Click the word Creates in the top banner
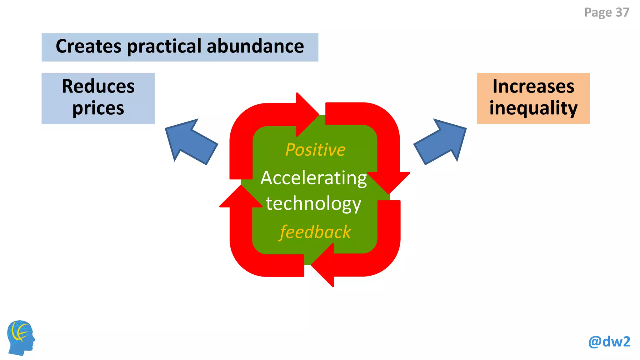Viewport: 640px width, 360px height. [x=88, y=46]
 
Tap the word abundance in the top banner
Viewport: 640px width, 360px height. [x=255, y=46]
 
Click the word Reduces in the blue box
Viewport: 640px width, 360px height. [x=98, y=86]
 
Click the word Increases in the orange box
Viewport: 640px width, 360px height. [x=533, y=86]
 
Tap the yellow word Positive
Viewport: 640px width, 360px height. [x=315, y=150]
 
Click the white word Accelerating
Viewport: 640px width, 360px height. [x=314, y=178]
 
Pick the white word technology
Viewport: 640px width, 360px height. [x=314, y=204]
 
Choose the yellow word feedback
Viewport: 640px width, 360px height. [x=315, y=232]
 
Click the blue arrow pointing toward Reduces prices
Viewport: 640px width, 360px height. [x=191, y=142]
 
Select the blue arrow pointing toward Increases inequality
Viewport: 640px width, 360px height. [x=440, y=142]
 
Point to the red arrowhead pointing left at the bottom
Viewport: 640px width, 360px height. [x=322, y=265]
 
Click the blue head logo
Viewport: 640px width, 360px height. [x=21, y=338]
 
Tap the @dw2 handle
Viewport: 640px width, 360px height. [x=609, y=342]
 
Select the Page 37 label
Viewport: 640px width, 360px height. [x=607, y=12]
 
